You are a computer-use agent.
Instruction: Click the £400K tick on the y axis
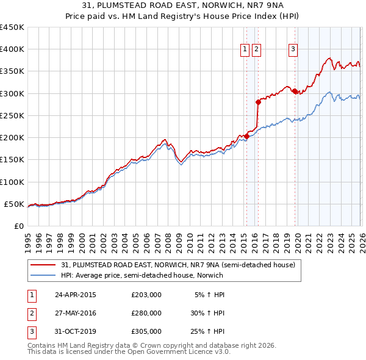[x=12, y=49]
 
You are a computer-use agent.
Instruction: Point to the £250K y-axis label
[x=12, y=115]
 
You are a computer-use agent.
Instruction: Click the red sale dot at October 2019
[x=295, y=91]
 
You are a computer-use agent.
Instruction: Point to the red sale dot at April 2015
[x=246, y=136]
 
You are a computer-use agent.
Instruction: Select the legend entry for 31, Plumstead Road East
[x=178, y=265]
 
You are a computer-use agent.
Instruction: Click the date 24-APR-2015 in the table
[x=76, y=295]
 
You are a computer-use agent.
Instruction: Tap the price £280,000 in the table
[x=146, y=313]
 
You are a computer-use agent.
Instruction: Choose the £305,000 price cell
[x=146, y=331]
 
